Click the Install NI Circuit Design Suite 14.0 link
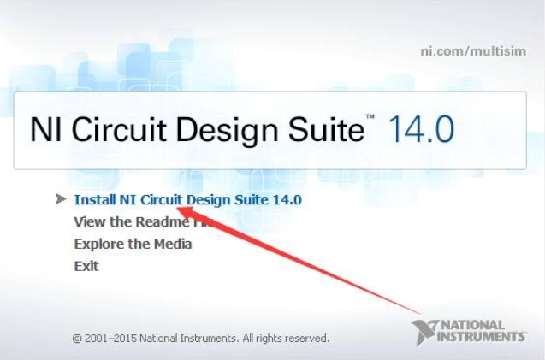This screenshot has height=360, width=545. click(x=187, y=200)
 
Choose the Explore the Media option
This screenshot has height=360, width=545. click(x=133, y=244)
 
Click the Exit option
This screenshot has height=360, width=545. click(x=86, y=266)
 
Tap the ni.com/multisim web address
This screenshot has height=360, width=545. click(x=473, y=51)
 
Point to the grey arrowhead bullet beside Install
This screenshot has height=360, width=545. click(x=61, y=199)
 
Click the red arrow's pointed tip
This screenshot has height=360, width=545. click(x=177, y=208)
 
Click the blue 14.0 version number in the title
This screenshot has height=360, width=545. click(x=421, y=130)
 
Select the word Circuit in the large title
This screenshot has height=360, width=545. click(x=119, y=129)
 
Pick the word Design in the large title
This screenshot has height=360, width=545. click(x=228, y=131)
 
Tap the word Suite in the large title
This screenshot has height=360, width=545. click(x=326, y=129)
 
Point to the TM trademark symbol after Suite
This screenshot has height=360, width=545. click(x=370, y=117)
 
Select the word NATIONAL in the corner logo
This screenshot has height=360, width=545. click(x=473, y=326)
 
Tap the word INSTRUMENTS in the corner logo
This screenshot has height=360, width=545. click(x=482, y=337)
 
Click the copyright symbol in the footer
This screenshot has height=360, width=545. click(x=77, y=339)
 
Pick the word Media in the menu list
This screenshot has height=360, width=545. click(x=173, y=244)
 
